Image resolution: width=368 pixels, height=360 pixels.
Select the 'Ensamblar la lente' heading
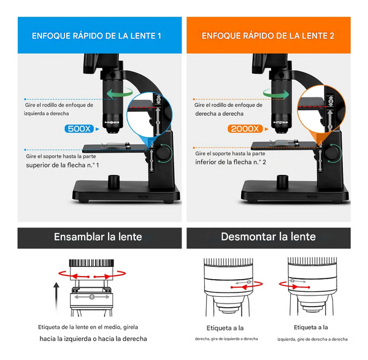point(98,237)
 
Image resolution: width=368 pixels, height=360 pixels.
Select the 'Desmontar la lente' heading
point(267,237)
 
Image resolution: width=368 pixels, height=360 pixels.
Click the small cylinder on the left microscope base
point(114,182)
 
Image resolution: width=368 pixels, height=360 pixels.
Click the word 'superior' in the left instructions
point(39,165)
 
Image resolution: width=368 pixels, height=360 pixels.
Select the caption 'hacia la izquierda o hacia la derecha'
point(93,339)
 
